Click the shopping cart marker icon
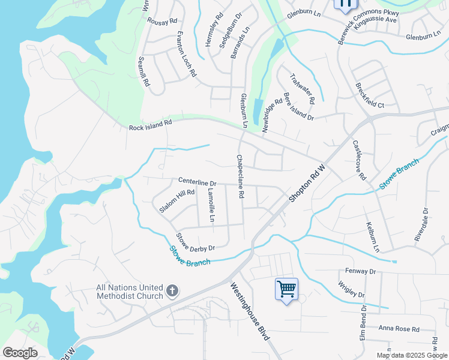point(286,289)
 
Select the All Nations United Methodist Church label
point(130,292)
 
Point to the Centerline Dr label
point(197,181)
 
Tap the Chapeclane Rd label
point(240,177)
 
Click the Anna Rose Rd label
point(399,328)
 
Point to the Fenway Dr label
point(360,272)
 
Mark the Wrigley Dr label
point(351,290)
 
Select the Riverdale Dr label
point(421,225)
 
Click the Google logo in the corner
point(20,353)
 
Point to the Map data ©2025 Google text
point(412,355)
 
